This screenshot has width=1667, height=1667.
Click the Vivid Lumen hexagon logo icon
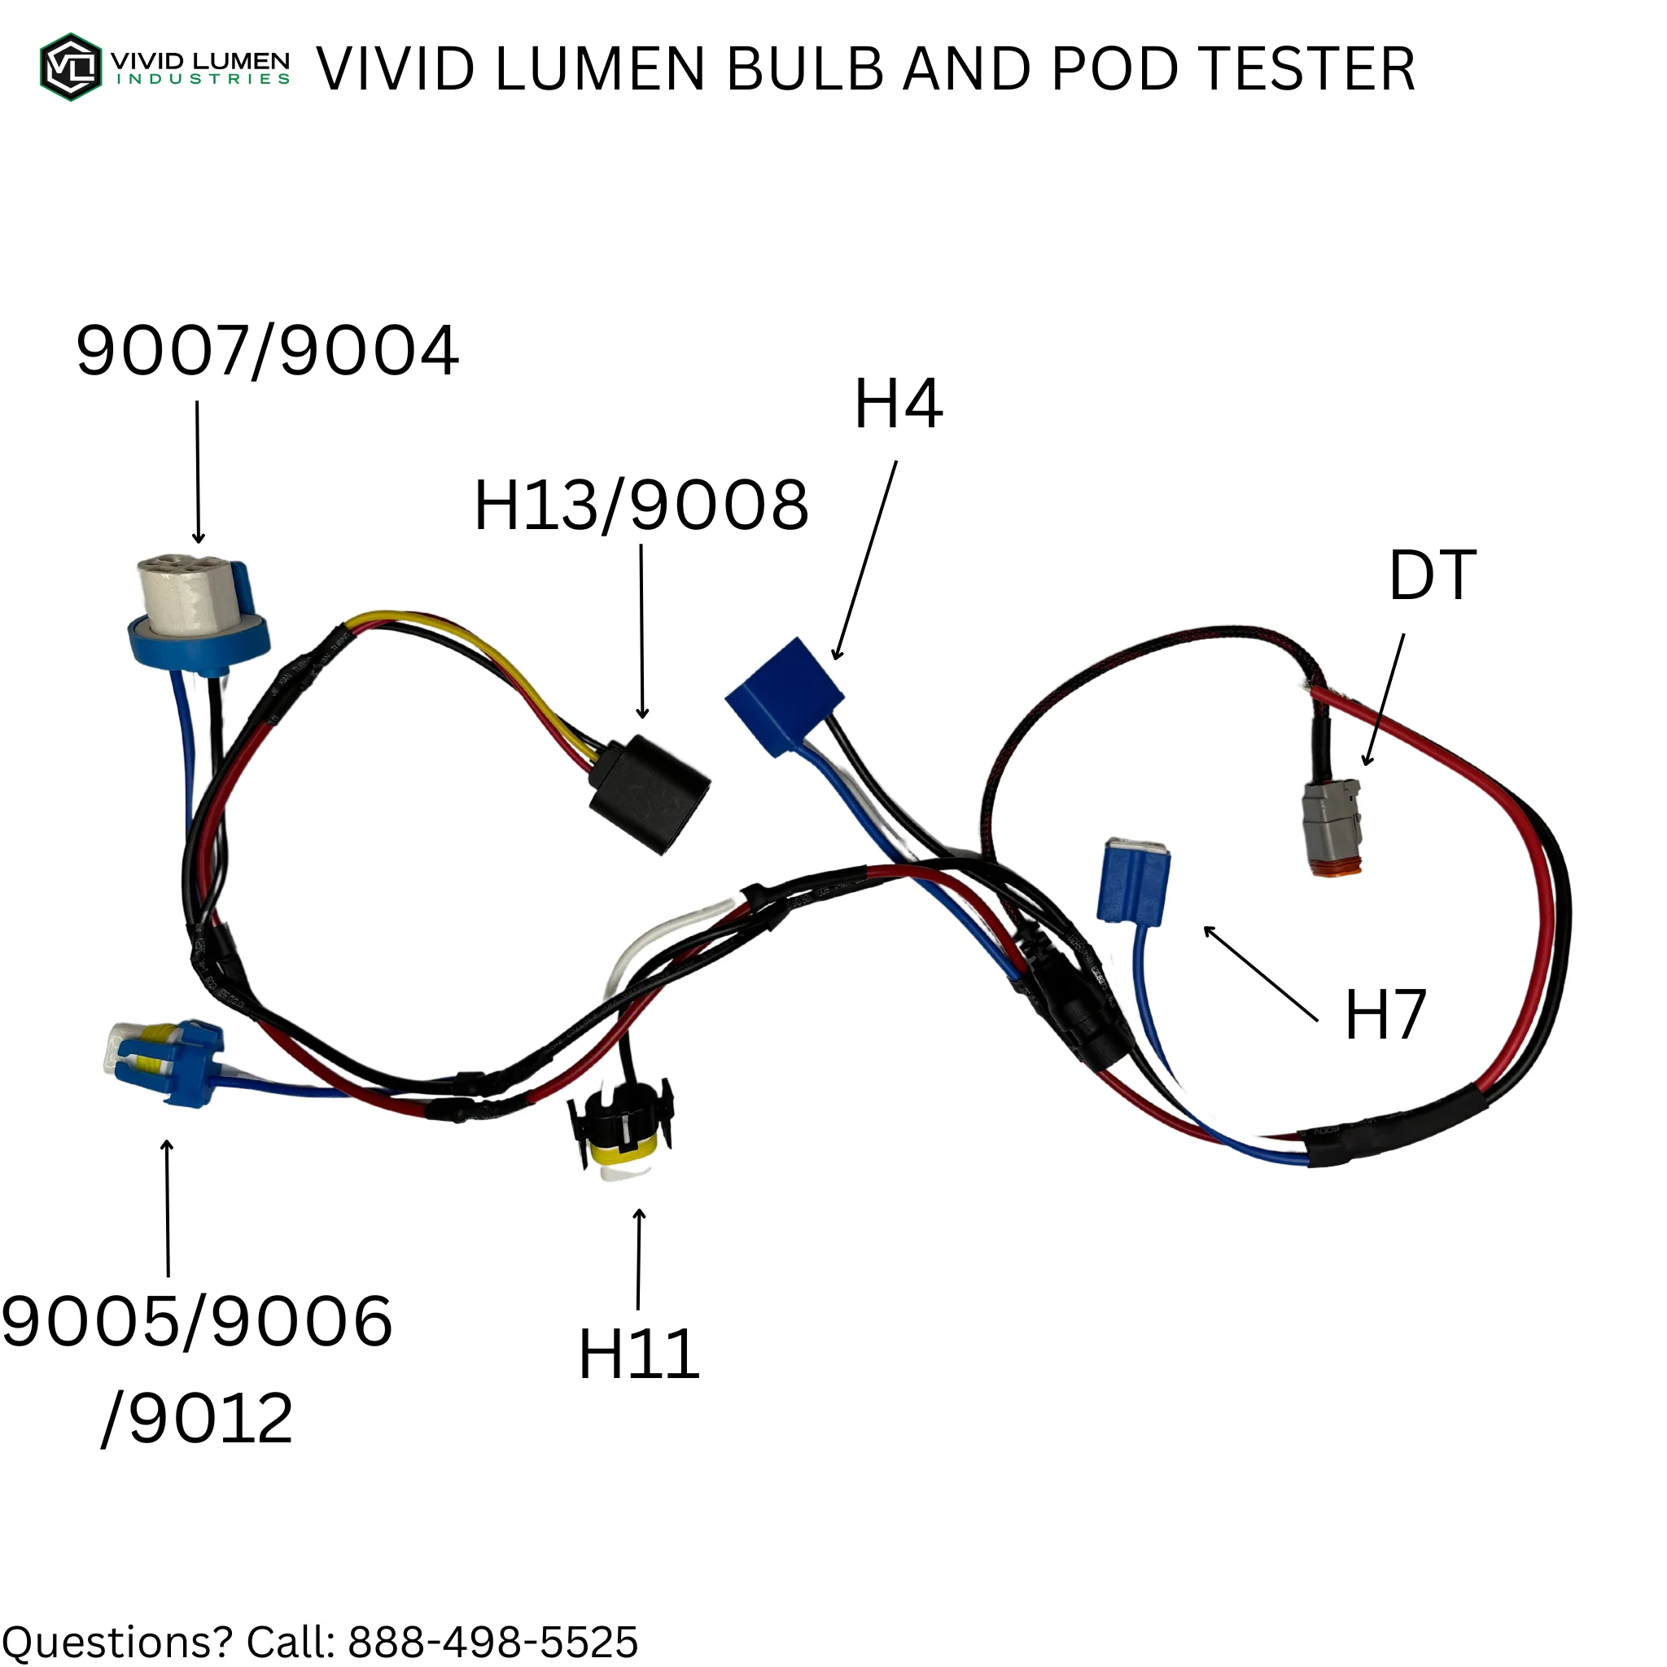71,68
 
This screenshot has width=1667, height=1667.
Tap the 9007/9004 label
268,351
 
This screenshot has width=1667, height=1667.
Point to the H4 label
899,404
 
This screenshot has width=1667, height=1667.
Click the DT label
1433,575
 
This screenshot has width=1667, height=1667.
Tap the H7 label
1385,1015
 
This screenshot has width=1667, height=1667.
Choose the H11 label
638,1354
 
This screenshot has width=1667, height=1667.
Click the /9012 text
198,1419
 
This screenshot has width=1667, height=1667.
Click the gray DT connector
1332,828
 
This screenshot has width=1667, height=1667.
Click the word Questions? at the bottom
116,1643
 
